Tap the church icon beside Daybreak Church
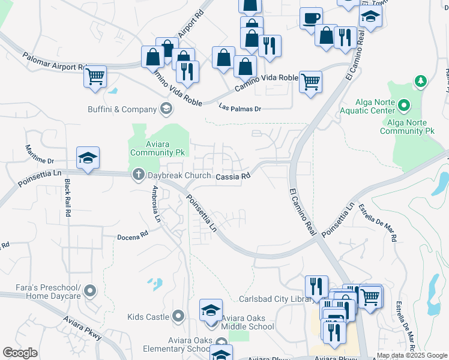(x=138, y=175)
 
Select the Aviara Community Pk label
(x=152, y=148)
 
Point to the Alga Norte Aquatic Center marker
(x=405, y=106)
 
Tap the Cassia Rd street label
(x=232, y=176)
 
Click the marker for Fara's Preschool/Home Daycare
(x=90, y=292)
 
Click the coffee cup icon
(x=311, y=19)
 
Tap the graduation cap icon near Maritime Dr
(x=88, y=159)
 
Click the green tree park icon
(x=421, y=80)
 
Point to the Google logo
(x=20, y=353)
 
